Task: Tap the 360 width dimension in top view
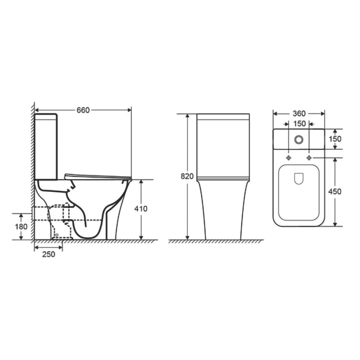click(299, 113)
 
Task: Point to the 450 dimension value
click(335, 191)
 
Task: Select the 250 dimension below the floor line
click(48, 254)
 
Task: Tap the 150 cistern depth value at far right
click(335, 139)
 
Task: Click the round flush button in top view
click(299, 139)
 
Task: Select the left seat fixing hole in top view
click(288, 158)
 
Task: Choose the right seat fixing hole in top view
click(309, 158)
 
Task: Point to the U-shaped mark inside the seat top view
click(299, 179)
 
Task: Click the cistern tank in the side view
click(46, 146)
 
